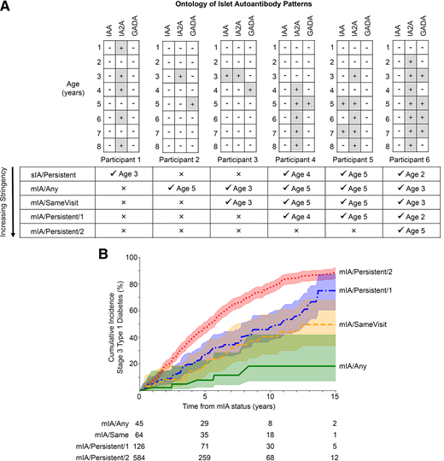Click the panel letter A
7,8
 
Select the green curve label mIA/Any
359,366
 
